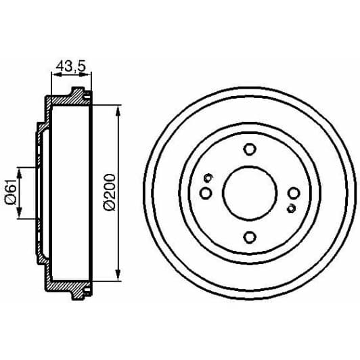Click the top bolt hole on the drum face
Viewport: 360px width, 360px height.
pyautogui.click(x=250, y=150)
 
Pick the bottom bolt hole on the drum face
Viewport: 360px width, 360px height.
pyautogui.click(x=250, y=236)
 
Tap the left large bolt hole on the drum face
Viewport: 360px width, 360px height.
pyautogui.click(x=206, y=193)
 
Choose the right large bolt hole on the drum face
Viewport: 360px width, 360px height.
pyautogui.click(x=293, y=193)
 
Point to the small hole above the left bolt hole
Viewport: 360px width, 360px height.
pyautogui.click(x=208, y=179)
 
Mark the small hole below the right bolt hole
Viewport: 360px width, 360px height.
pyautogui.click(x=291, y=207)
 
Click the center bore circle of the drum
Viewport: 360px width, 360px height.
pyautogui.click(x=250, y=193)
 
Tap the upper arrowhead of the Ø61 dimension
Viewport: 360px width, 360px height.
pyautogui.click(x=20, y=173)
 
